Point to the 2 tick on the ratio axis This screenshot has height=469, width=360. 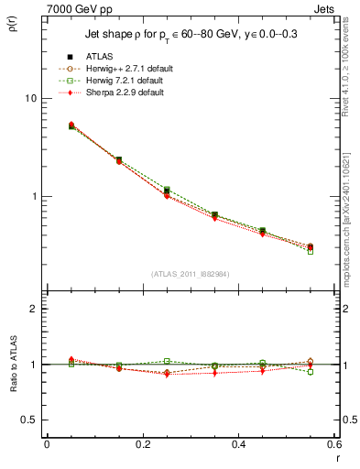(34, 309)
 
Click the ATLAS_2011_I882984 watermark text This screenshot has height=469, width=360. (190, 274)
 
